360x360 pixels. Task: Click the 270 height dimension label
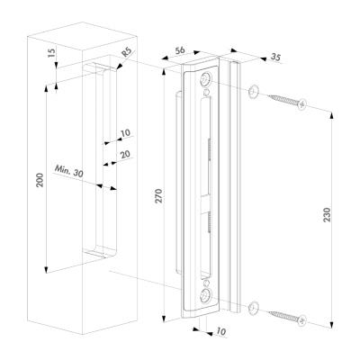[x=158, y=196]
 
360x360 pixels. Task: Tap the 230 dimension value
[x=327, y=214]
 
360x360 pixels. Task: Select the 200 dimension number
[x=40, y=180]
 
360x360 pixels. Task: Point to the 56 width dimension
[x=180, y=50]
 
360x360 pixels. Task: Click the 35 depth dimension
[x=275, y=57]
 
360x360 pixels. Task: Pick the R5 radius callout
[x=127, y=54]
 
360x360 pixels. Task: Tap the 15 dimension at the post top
[x=51, y=53]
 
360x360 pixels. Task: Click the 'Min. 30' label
[x=69, y=171]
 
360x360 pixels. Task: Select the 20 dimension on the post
[x=125, y=154]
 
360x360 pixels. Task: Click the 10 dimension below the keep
[x=220, y=331]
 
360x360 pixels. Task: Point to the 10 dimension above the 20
[x=126, y=132]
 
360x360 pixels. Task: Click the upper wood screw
[x=287, y=101]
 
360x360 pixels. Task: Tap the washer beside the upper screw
[x=254, y=91]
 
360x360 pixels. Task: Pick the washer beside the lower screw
[x=254, y=307]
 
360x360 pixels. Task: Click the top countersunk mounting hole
[x=206, y=80]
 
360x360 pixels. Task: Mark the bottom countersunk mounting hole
[x=206, y=296]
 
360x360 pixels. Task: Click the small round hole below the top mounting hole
[x=206, y=92]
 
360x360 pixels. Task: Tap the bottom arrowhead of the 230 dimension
[x=331, y=325]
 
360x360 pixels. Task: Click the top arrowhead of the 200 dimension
[x=46, y=88]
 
